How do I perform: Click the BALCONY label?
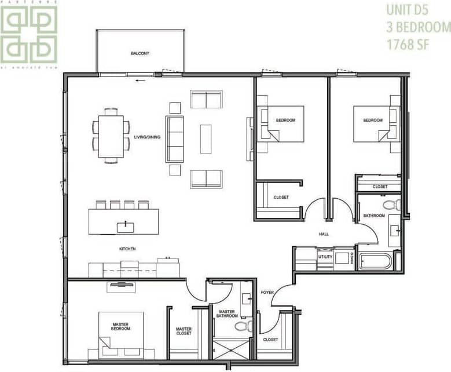click(x=140, y=53)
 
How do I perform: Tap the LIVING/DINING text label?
click(x=147, y=137)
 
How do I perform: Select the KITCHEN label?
click(x=127, y=249)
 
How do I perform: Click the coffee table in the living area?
click(x=206, y=139)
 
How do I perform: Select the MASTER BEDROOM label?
click(x=120, y=326)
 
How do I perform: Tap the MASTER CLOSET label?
click(x=184, y=331)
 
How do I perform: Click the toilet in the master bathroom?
click(x=244, y=326)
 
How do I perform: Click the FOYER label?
click(x=267, y=292)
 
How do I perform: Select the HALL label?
click(x=324, y=234)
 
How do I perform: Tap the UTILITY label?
click(x=325, y=256)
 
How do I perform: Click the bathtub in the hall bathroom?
click(x=375, y=260)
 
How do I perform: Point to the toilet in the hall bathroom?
click(x=393, y=204)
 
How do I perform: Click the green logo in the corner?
click(x=29, y=34)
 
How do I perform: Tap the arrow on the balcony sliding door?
click(x=139, y=81)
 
